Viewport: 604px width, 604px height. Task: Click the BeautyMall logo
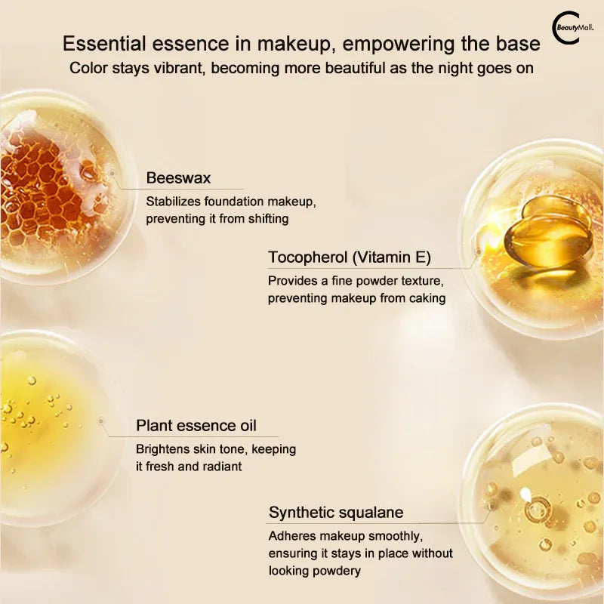(x=572, y=29)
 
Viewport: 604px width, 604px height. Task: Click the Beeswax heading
(x=178, y=178)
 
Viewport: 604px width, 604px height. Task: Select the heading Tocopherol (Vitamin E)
(x=350, y=257)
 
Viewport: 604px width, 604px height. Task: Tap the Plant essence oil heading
(x=196, y=426)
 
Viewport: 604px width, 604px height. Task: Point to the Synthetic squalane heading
(x=336, y=513)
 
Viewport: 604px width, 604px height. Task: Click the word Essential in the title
(x=104, y=43)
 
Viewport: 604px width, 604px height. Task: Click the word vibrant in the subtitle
(x=178, y=68)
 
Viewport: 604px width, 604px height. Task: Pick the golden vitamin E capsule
(x=548, y=232)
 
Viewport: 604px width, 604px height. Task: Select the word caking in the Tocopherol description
(x=427, y=298)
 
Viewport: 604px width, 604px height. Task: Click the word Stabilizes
(x=174, y=202)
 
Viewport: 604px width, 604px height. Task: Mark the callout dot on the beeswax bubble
(x=112, y=174)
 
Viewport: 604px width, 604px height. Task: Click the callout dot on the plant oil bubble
(x=101, y=421)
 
